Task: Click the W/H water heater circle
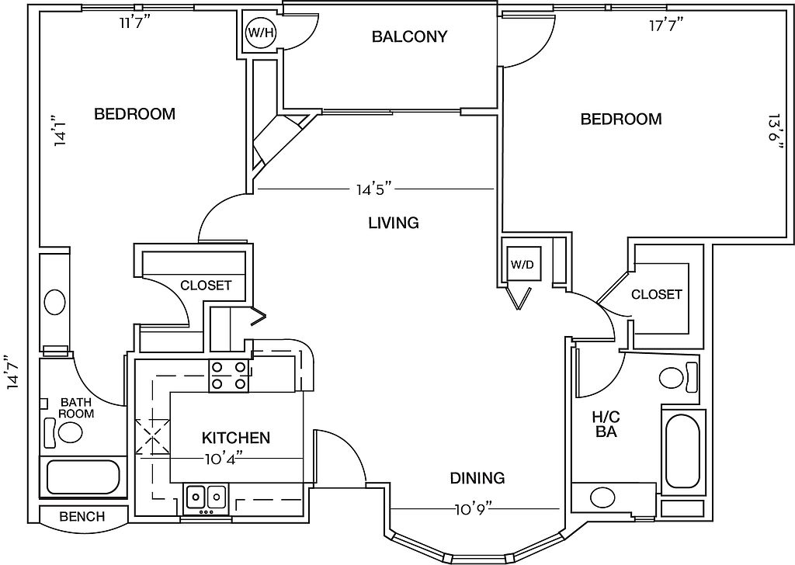pos(261,33)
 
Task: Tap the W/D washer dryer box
pos(522,264)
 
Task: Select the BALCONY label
pos(410,36)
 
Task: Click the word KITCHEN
pos(236,437)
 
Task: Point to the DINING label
pos(477,478)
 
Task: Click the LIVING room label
pos(394,223)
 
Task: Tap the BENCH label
pos(82,516)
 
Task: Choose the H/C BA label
pos(606,425)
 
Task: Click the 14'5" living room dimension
pos(375,189)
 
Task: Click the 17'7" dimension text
pos(667,24)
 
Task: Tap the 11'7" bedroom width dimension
pos(135,23)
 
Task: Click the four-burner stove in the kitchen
pos(229,376)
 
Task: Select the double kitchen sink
pos(206,497)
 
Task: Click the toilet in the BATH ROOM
pos(64,432)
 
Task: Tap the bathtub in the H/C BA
pos(682,451)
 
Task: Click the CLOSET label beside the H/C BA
pos(657,294)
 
